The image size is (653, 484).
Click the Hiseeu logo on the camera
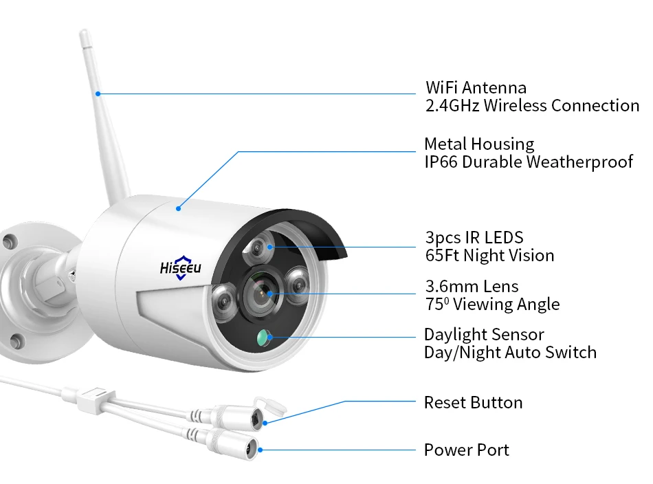click(x=180, y=267)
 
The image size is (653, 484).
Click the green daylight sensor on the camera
click(x=264, y=337)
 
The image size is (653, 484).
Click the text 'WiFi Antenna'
click(x=476, y=88)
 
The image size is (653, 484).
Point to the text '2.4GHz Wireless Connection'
click(x=532, y=106)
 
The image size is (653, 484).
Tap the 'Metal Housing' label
click(x=479, y=144)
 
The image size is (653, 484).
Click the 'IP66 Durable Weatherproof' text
click(x=528, y=162)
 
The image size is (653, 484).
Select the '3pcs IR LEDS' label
click(x=474, y=238)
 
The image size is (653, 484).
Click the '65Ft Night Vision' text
click(x=489, y=256)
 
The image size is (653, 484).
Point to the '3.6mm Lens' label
click(x=472, y=286)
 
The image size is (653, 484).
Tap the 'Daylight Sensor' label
click(x=484, y=335)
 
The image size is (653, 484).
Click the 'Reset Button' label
click(x=473, y=403)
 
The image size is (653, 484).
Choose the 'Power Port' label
click(x=467, y=450)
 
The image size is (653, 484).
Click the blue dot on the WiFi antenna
click(x=98, y=93)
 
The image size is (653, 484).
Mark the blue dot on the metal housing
click(x=177, y=206)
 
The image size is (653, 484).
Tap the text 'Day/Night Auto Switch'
click(x=510, y=353)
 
